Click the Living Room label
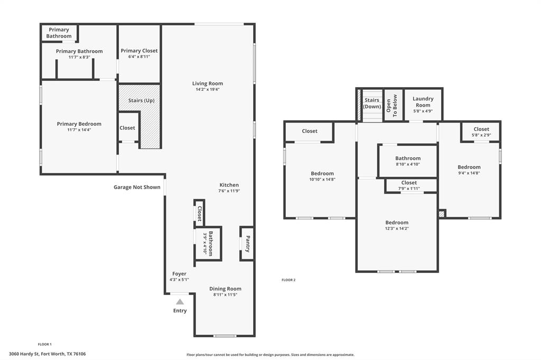[207, 83]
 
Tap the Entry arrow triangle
[180, 302]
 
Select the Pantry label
[247, 243]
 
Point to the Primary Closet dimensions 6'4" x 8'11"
[139, 56]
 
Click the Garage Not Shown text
[137, 187]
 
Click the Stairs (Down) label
[372, 103]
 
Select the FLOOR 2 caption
[288, 280]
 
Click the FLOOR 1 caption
[45, 344]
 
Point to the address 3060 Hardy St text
[48, 354]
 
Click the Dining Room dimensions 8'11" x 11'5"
[225, 295]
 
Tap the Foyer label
[179, 274]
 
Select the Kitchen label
[229, 185]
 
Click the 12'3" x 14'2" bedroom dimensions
[396, 229]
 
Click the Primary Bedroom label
[79, 124]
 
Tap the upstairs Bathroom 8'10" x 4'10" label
[408, 158]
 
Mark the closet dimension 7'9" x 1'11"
[408, 188]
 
